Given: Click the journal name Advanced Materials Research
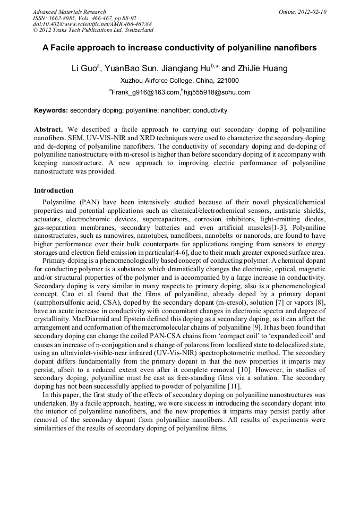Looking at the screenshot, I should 69,12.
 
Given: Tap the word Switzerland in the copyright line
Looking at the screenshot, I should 135,30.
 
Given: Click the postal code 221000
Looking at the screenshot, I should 227,81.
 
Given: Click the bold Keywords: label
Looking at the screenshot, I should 51,110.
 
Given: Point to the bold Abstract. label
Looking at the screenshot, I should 49,130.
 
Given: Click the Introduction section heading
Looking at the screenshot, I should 54,190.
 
